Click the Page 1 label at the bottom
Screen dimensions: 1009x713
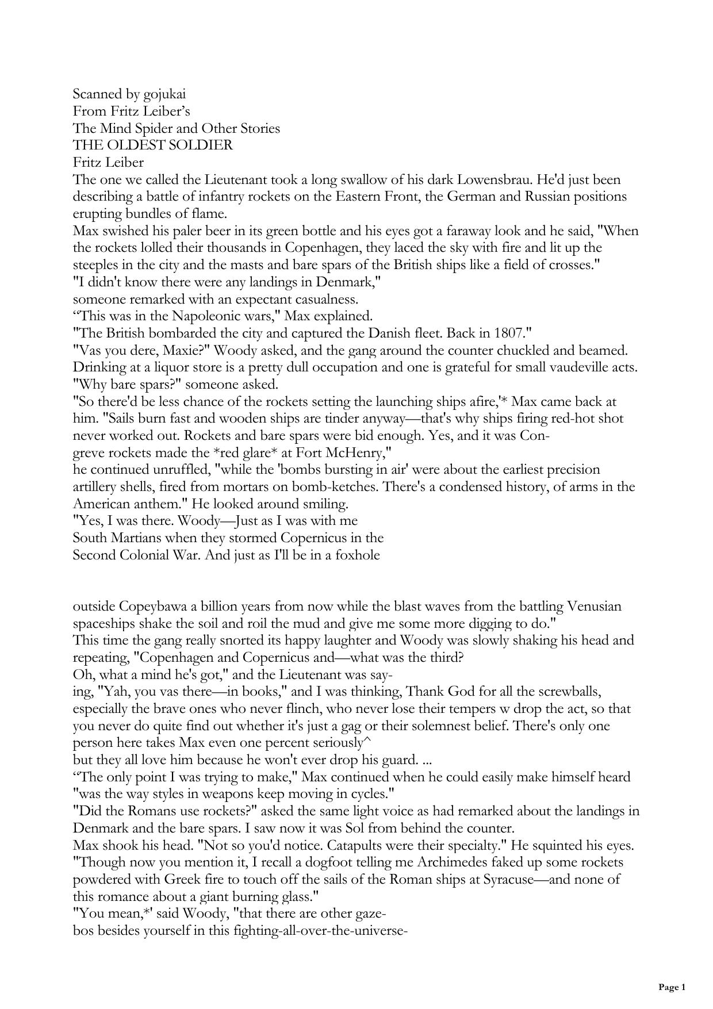672,987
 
